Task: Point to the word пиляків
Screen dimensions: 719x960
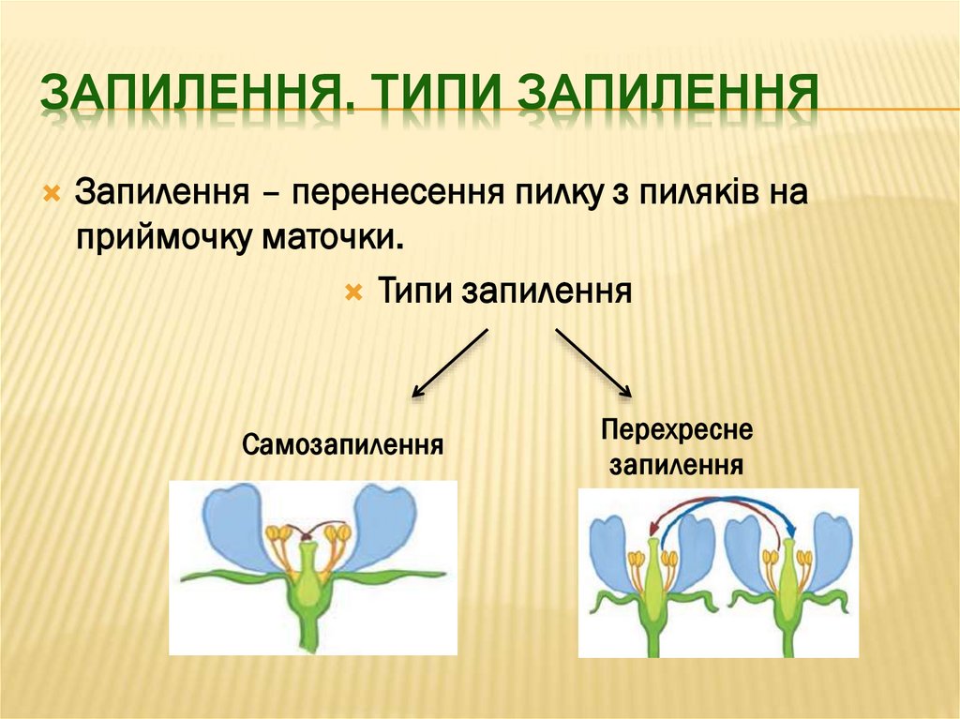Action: click(700, 193)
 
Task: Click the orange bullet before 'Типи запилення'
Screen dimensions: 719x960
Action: click(353, 293)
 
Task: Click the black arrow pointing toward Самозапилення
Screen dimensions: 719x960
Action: click(451, 363)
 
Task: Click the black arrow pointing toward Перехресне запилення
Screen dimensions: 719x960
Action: click(593, 363)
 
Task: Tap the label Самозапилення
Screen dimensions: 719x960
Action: click(342, 442)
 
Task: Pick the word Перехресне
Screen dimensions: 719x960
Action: click(677, 432)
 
